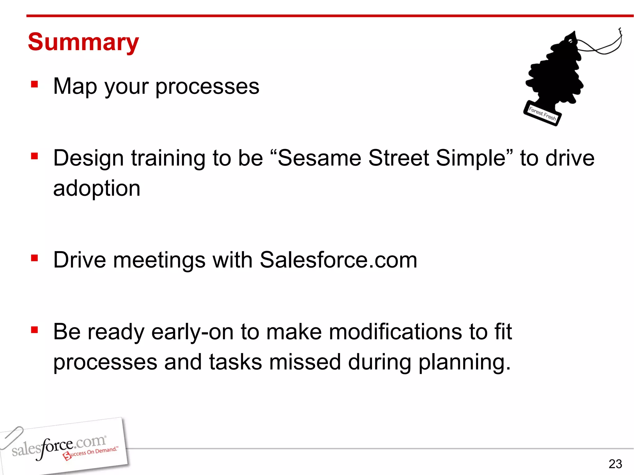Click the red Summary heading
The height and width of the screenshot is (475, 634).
pyautogui.click(x=83, y=42)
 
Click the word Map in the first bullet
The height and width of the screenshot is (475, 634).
pyautogui.click(x=75, y=86)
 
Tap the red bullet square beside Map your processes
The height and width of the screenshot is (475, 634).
pyautogui.click(x=34, y=84)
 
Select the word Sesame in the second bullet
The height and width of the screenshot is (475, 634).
pyautogui.click(x=319, y=158)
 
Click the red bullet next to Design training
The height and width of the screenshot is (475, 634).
pyautogui.click(x=34, y=156)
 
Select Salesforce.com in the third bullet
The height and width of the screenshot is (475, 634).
pyautogui.click(x=338, y=260)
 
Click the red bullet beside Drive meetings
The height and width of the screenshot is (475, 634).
pyautogui.click(x=34, y=258)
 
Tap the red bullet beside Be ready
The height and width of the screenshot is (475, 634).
pyautogui.click(x=34, y=330)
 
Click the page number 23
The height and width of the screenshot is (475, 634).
pyautogui.click(x=615, y=464)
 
